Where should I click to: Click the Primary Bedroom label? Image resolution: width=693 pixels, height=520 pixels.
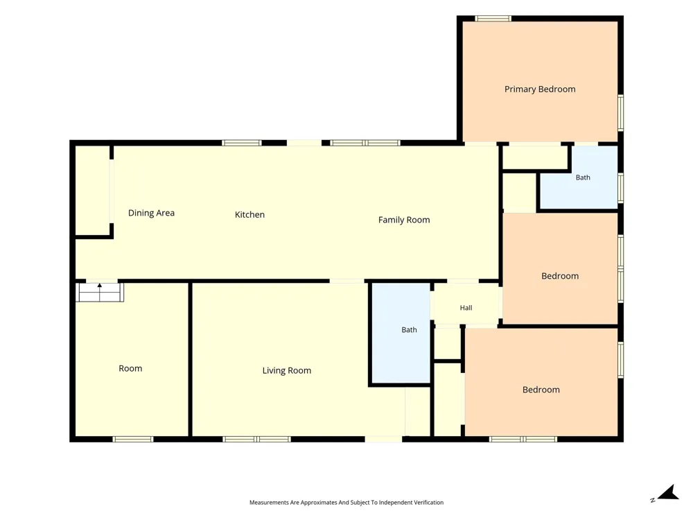pyautogui.click(x=540, y=89)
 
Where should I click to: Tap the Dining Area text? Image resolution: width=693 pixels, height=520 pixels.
pyautogui.click(x=151, y=213)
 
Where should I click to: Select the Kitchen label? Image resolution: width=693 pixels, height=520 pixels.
pyautogui.click(x=249, y=215)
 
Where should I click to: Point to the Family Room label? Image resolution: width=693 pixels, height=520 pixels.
pyautogui.click(x=404, y=220)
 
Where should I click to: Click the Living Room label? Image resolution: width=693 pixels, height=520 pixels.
pyautogui.click(x=287, y=370)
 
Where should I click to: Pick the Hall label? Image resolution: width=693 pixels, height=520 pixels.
pyautogui.click(x=466, y=308)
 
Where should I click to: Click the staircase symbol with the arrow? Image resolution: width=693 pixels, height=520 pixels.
pyautogui.click(x=100, y=293)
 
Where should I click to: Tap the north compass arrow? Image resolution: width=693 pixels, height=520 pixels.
pyautogui.click(x=668, y=492)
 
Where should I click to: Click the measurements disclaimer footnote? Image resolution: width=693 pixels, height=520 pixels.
pyautogui.click(x=346, y=502)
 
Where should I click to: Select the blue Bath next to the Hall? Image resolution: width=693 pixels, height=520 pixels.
pyautogui.click(x=401, y=333)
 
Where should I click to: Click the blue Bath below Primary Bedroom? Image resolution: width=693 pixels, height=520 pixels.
pyautogui.click(x=579, y=177)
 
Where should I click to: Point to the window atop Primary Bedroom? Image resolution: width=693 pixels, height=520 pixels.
pyautogui.click(x=493, y=19)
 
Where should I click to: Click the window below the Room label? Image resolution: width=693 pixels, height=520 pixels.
pyautogui.click(x=132, y=439)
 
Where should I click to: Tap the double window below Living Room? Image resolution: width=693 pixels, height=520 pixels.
pyautogui.click(x=257, y=439)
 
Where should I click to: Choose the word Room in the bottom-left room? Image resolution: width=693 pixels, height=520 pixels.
pyautogui.click(x=130, y=369)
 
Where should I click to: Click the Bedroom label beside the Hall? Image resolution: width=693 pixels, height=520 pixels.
pyautogui.click(x=560, y=277)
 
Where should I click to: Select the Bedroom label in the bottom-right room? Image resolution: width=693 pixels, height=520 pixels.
pyautogui.click(x=541, y=390)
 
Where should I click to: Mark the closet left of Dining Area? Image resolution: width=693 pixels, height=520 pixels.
pyautogui.click(x=92, y=190)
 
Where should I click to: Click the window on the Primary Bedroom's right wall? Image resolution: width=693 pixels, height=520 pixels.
pyautogui.click(x=620, y=113)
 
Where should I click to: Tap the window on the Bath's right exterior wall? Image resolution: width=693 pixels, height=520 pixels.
pyautogui.click(x=620, y=188)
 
